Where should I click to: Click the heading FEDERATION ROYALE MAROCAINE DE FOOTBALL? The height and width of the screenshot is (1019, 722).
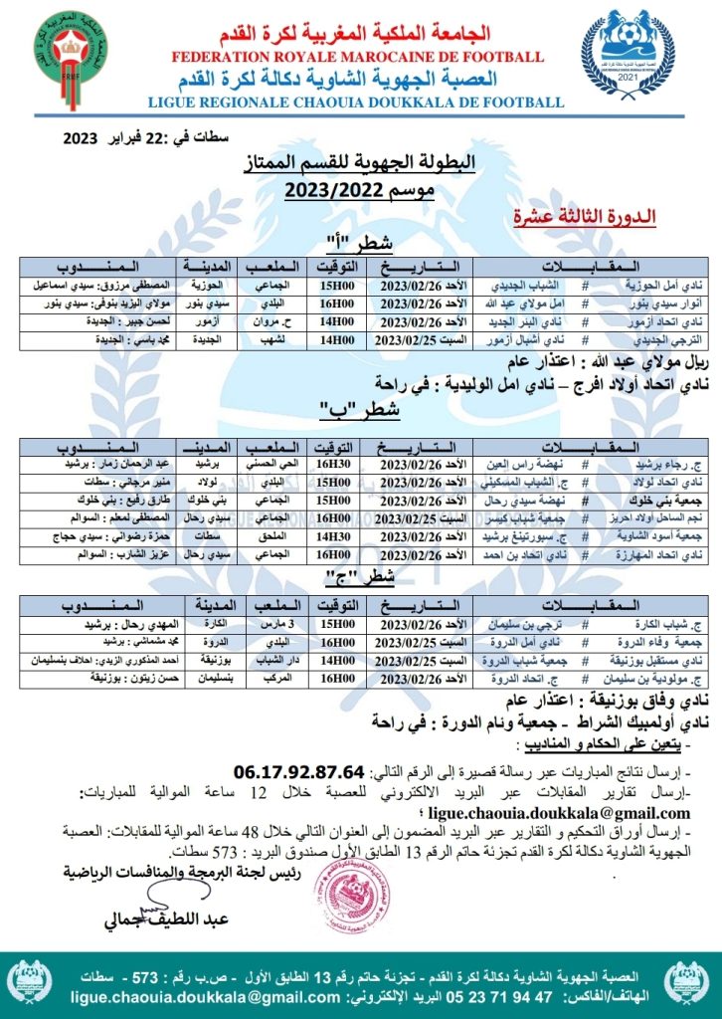pos(359,57)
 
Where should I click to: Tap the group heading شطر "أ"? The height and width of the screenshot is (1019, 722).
pos(360,244)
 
